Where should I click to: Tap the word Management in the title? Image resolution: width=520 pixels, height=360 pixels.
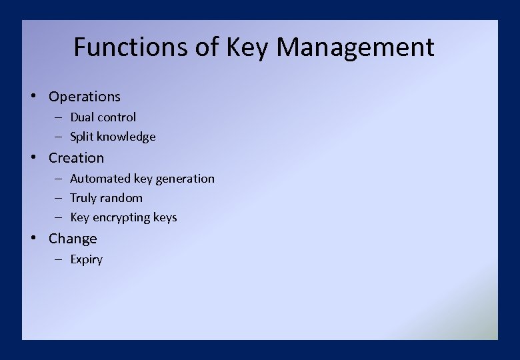[x=355, y=47]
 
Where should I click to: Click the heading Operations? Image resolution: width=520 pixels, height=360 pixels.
[x=85, y=97]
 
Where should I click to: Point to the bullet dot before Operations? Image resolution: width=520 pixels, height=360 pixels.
[x=33, y=96]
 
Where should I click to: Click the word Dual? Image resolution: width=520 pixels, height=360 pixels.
[x=82, y=117]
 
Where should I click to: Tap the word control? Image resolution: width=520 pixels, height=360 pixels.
[x=117, y=117]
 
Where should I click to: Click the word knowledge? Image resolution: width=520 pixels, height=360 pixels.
[x=126, y=137]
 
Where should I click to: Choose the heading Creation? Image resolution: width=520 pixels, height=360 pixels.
[x=76, y=158]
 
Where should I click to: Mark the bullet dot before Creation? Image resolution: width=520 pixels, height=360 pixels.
[x=33, y=157]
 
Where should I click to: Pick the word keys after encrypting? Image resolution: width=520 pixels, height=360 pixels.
[x=165, y=218]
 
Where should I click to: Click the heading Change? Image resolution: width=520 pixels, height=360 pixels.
[x=73, y=239]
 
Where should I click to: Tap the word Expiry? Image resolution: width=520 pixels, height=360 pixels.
[x=87, y=260]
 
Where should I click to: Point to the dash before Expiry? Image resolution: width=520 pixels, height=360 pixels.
[x=59, y=259]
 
